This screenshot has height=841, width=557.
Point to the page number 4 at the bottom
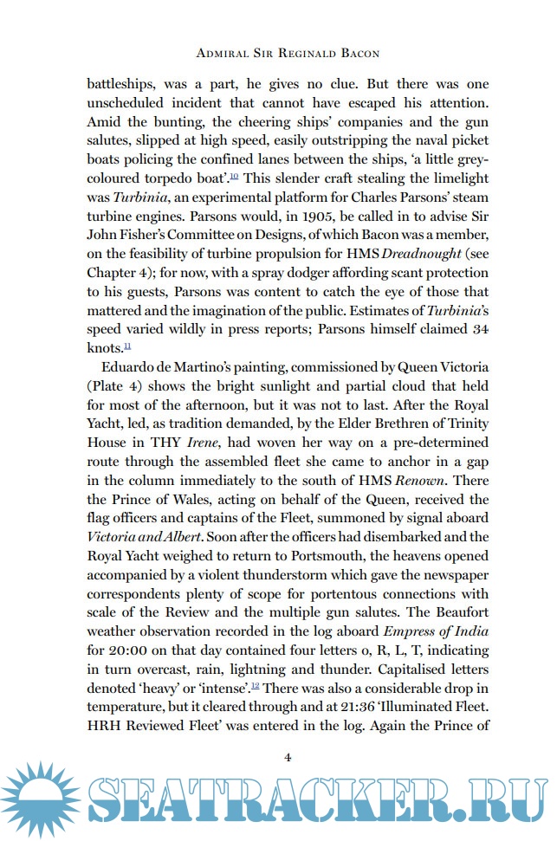287,758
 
